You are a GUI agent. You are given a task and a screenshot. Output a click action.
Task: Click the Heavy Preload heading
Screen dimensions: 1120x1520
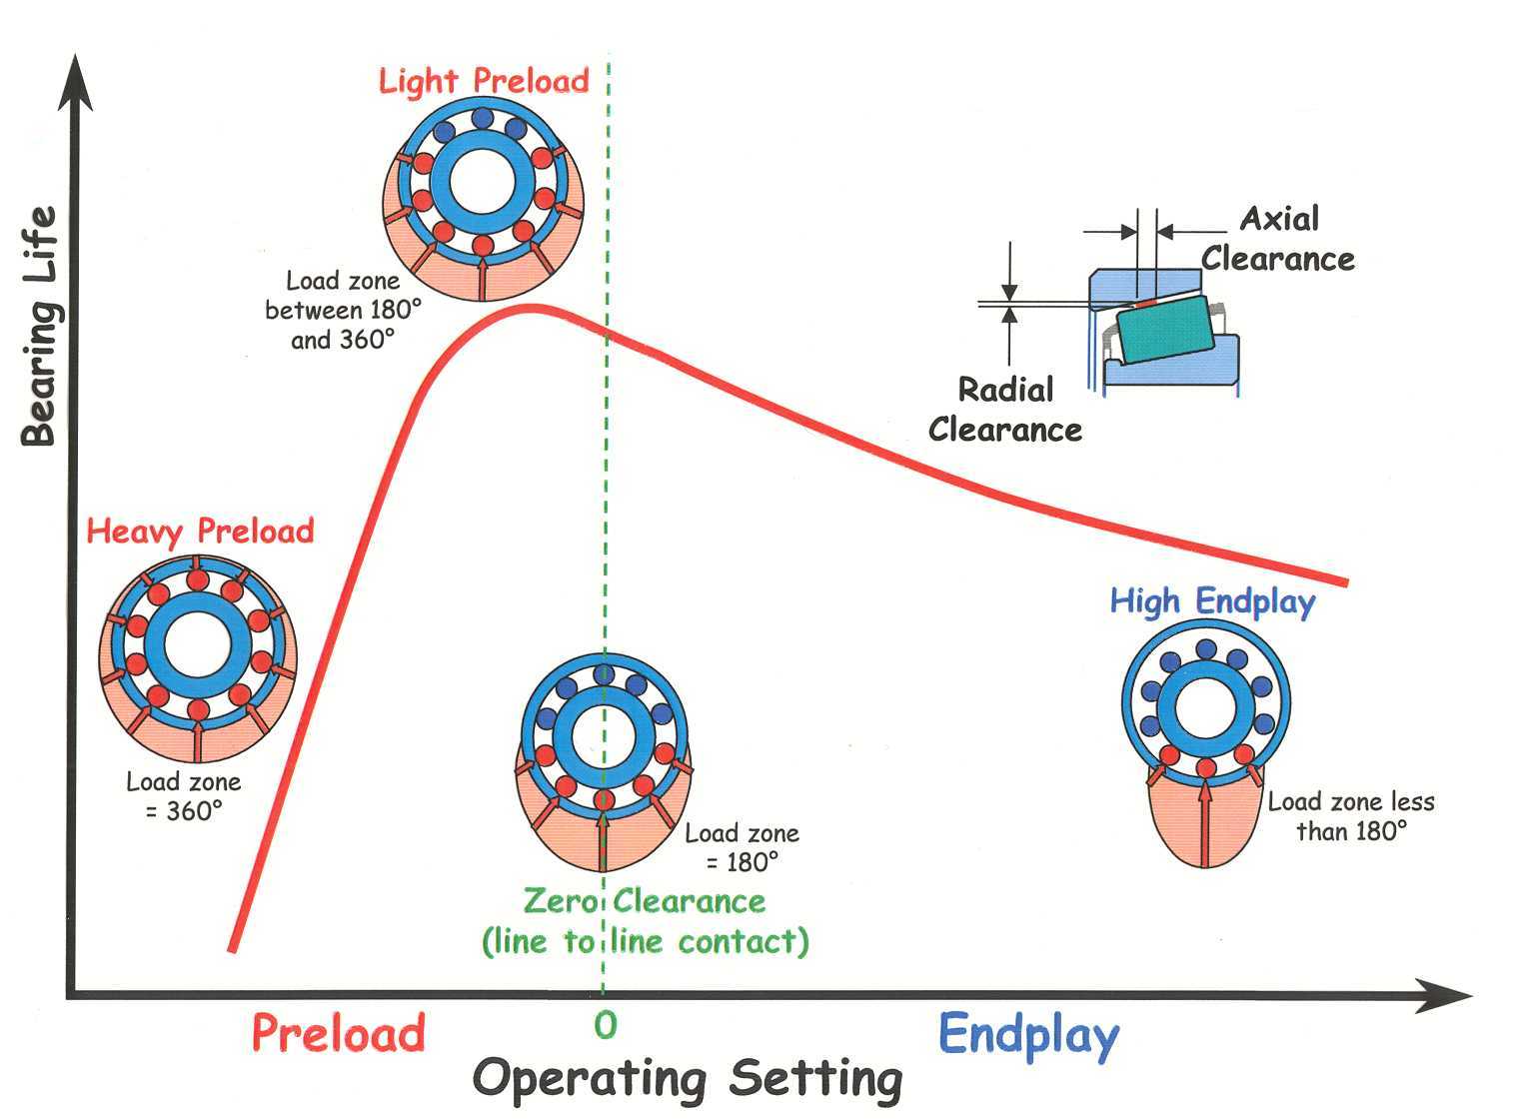click(x=200, y=531)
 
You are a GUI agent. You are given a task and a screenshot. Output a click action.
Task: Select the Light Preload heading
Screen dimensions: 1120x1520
click(x=484, y=81)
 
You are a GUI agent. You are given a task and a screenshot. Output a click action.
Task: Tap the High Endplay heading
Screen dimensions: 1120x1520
click(x=1212, y=601)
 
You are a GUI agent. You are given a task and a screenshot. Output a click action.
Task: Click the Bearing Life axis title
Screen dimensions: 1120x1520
click(x=39, y=326)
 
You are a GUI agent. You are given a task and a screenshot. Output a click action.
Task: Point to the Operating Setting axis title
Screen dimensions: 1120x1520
click(x=688, y=1079)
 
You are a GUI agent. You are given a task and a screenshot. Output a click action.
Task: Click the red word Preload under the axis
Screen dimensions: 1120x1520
click(x=338, y=1032)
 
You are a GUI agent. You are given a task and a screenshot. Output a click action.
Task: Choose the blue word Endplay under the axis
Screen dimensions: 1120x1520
click(x=1028, y=1034)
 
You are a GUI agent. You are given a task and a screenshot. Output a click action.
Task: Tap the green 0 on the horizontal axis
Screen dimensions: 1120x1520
click(x=605, y=1025)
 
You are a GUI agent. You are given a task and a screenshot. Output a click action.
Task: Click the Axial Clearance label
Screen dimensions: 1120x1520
click(x=1278, y=239)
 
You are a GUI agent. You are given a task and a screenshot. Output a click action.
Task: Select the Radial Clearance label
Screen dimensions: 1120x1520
click(x=1005, y=410)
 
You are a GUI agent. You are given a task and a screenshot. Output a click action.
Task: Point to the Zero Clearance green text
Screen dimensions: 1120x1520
click(x=645, y=921)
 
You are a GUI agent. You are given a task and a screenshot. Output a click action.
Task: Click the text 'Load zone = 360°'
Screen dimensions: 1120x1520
click(x=183, y=796)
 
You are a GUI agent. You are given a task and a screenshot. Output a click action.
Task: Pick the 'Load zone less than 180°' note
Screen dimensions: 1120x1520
click(x=1351, y=816)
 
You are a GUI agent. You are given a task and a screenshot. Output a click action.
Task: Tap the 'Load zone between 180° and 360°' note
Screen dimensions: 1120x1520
click(x=343, y=311)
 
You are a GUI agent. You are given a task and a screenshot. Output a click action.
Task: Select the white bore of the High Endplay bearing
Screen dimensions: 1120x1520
click(x=1205, y=706)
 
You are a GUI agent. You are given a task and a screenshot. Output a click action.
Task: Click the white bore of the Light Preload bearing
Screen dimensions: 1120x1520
click(x=483, y=183)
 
